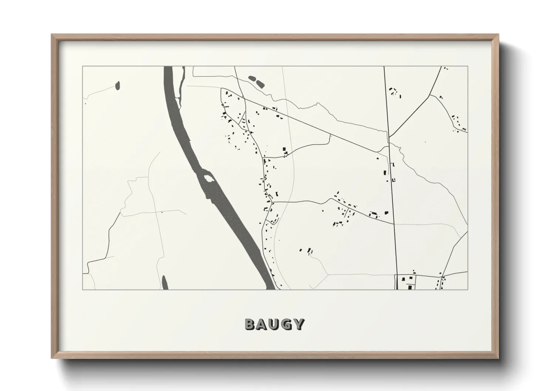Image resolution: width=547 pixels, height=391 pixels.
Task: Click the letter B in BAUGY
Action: pos(250,324)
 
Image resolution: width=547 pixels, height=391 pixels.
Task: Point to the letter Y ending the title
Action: pos(299,324)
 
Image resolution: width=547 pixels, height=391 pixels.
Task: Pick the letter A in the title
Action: pos(262,324)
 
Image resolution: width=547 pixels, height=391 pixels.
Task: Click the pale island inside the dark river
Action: pos(209,178)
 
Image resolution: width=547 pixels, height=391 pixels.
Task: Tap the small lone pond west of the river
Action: pos(118,86)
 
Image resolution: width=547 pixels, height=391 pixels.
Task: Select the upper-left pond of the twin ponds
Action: pos(253,78)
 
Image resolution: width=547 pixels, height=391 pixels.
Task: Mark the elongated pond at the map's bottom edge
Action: pos(164,283)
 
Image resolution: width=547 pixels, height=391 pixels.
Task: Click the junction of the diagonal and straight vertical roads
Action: pos(388,137)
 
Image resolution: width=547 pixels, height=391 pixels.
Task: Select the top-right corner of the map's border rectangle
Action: pos(468,67)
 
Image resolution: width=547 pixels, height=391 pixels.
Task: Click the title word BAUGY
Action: pos(274,324)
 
